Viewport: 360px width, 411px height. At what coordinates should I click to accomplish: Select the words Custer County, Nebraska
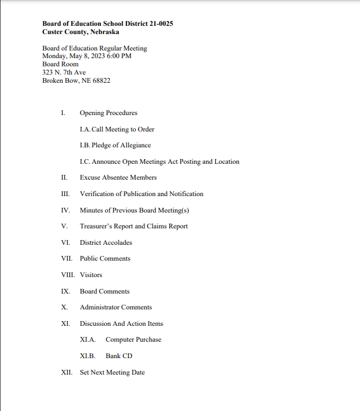tap(80, 32)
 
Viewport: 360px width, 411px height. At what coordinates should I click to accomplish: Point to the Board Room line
tap(60, 65)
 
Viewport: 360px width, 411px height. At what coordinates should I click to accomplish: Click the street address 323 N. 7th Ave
tap(64, 72)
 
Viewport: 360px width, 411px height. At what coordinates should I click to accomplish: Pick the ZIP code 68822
tap(101, 80)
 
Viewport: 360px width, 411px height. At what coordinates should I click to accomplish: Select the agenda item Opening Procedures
tap(109, 113)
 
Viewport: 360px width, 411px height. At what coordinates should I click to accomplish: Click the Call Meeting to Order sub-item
tap(117, 129)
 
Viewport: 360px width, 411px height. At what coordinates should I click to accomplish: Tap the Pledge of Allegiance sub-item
tap(115, 145)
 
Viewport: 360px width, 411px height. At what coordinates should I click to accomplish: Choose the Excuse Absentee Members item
tap(118, 177)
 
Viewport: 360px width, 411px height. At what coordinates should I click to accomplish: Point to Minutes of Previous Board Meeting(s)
tap(134, 210)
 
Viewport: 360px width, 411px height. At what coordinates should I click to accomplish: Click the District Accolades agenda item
tap(106, 242)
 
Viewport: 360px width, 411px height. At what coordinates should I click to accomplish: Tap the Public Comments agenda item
tap(105, 258)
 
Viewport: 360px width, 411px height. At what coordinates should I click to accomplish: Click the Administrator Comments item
tap(116, 307)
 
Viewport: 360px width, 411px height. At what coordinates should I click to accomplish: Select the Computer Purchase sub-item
tap(133, 339)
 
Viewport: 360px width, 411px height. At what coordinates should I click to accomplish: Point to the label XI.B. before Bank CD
tap(88, 356)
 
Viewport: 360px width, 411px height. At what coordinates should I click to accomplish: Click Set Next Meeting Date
tap(112, 372)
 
